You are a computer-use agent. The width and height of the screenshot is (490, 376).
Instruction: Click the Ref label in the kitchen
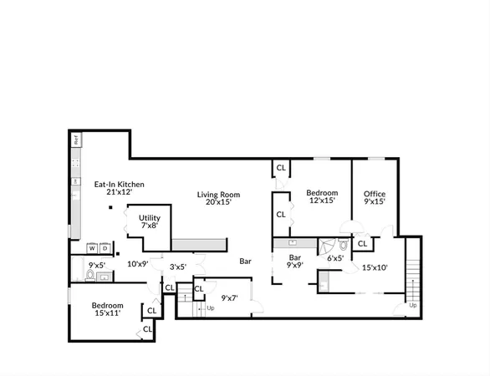click(x=75, y=140)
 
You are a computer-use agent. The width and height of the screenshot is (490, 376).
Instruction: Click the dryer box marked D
click(x=105, y=248)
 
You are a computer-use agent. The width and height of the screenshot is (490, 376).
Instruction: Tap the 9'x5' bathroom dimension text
click(x=98, y=266)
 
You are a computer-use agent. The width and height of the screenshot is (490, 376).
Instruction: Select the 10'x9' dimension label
click(x=137, y=264)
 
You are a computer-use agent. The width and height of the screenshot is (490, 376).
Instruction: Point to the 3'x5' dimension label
click(x=177, y=267)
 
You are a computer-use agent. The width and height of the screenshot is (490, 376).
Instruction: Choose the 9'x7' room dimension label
click(x=230, y=297)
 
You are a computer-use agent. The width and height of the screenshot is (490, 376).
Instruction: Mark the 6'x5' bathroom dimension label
click(x=334, y=259)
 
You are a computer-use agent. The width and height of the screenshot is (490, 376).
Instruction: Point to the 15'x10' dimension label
click(x=374, y=267)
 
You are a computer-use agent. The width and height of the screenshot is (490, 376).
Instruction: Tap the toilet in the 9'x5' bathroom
click(x=90, y=274)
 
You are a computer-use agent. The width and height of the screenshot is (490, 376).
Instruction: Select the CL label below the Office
click(x=362, y=244)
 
